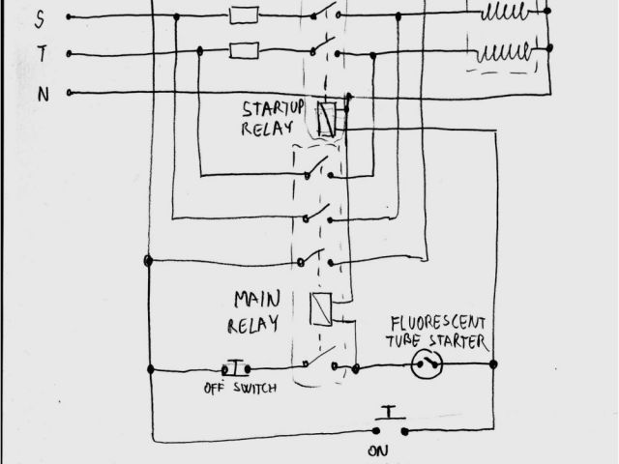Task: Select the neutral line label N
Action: [41, 94]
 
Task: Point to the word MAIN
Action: [256, 299]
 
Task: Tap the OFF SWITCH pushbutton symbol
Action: [235, 368]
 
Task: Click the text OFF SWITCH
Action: [240, 389]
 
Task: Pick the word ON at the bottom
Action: [380, 450]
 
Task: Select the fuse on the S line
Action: [241, 14]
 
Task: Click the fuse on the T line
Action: [241, 49]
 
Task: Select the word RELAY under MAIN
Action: [254, 323]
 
